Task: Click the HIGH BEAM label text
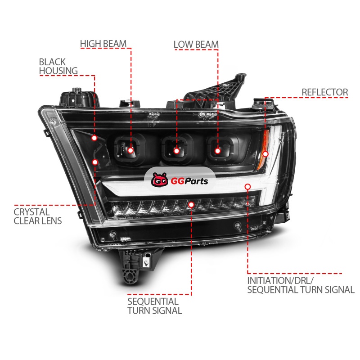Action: coord(103,44)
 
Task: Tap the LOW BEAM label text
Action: coord(196,45)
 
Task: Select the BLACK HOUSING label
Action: coord(58,66)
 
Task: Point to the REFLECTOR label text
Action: coord(324,92)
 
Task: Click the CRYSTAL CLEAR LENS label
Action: coord(38,216)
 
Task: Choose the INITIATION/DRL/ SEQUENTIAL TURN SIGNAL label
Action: coord(301,285)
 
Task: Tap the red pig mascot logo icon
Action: coord(159,180)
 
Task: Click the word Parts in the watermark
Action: coord(196,181)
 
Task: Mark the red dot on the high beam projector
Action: coord(130,150)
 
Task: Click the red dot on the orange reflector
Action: coord(265,154)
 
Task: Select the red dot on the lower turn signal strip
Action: coord(191,205)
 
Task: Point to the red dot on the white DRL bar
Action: coord(247,187)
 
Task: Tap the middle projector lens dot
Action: coord(176,151)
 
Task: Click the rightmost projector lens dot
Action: coord(218,151)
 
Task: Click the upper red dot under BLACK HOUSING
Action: coord(94,138)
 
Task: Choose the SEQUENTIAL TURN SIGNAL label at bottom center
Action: coord(155,306)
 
